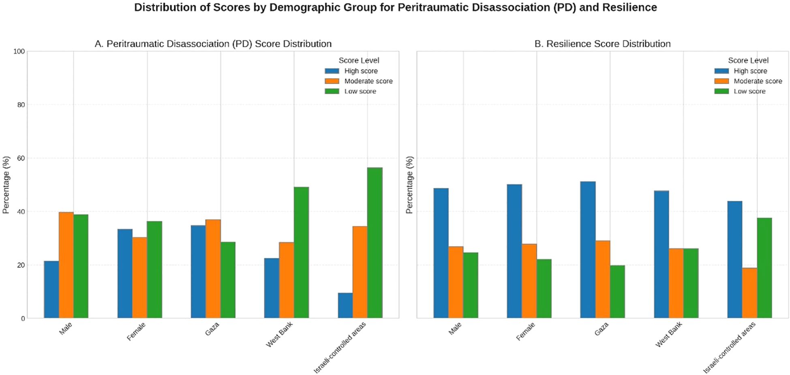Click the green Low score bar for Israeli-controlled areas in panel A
coord(375,243)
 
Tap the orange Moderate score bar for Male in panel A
coord(66,265)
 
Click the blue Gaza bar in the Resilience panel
coord(588,250)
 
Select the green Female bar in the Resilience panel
coord(544,289)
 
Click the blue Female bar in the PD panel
coord(125,274)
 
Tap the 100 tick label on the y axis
coord(19,51)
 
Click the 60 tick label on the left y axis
coord(20,158)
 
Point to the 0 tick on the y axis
coord(23,319)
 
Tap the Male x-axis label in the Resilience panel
coord(455,329)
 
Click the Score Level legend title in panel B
coord(748,60)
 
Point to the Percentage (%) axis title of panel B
coord(409,184)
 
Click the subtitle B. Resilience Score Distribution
coord(602,44)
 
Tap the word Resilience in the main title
coord(629,7)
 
